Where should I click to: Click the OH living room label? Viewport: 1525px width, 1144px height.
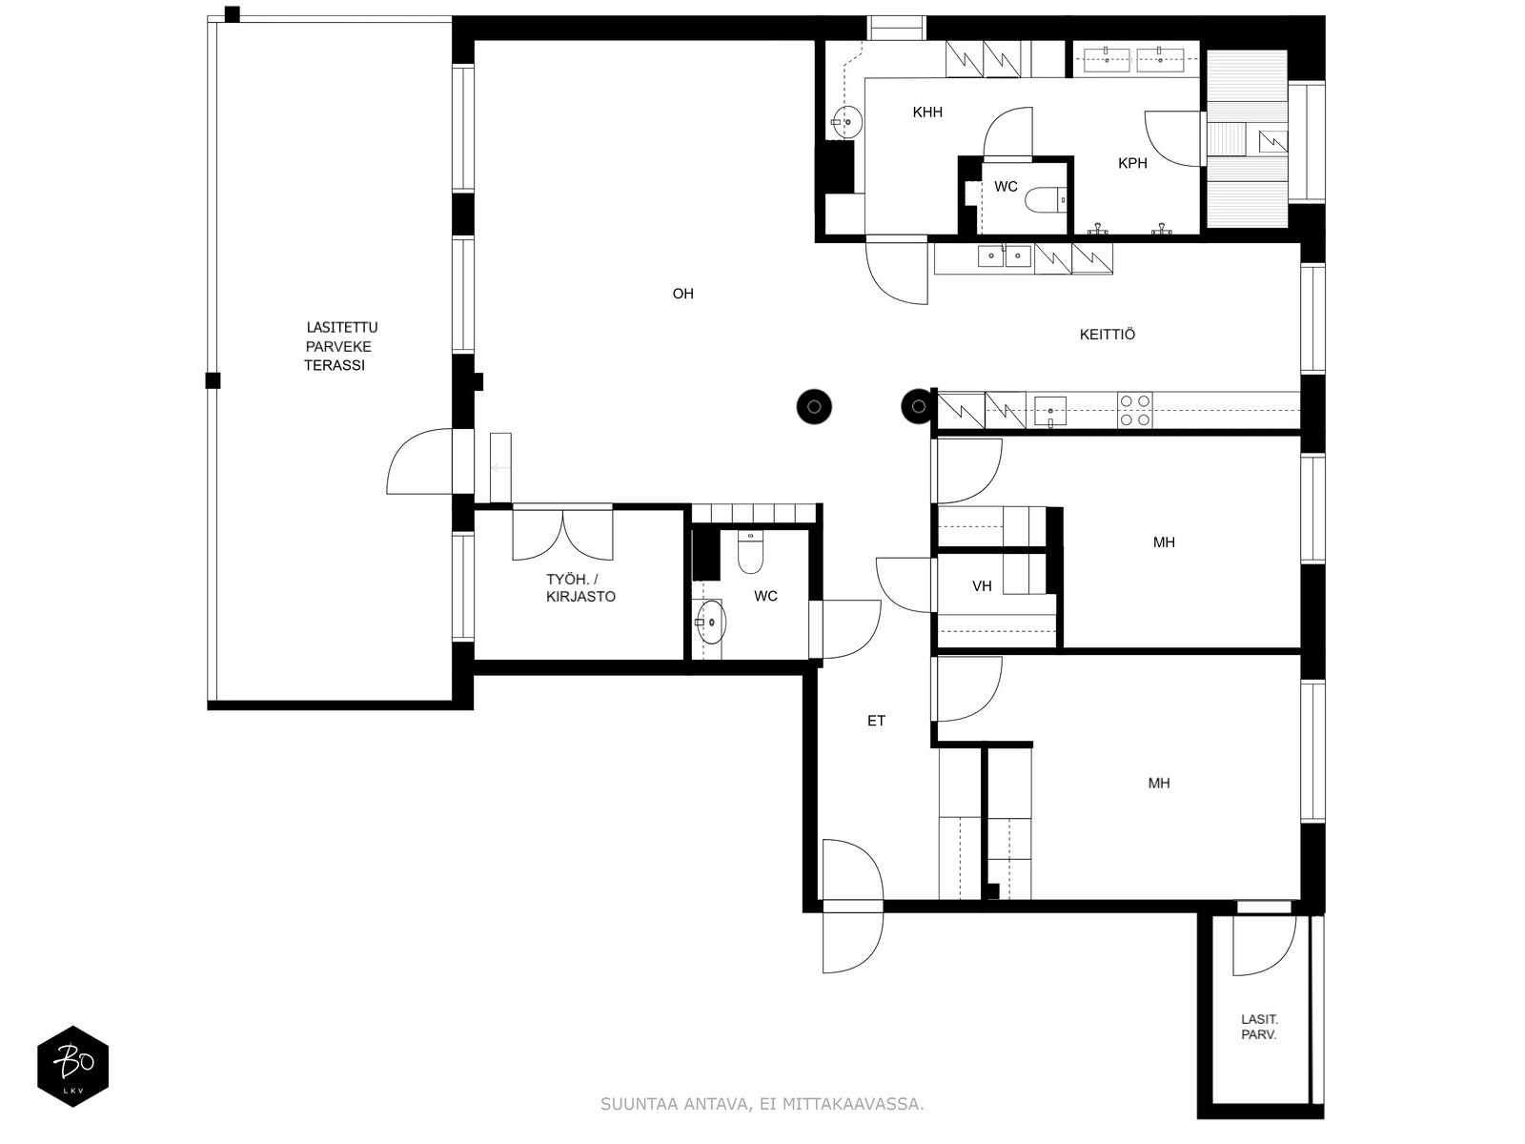(x=683, y=293)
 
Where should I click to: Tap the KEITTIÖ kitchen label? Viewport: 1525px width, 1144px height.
(x=1108, y=334)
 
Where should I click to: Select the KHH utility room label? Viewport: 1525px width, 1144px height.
(x=927, y=112)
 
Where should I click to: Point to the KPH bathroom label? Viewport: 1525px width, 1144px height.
(x=1132, y=163)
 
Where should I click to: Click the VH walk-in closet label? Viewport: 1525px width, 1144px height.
(x=982, y=586)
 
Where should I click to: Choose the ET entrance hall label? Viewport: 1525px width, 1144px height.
(x=876, y=721)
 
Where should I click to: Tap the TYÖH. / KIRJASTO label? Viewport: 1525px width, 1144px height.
(x=580, y=587)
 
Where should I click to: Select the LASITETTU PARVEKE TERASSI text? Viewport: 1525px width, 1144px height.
(x=340, y=346)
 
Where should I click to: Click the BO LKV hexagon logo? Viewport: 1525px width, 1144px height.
(x=73, y=1066)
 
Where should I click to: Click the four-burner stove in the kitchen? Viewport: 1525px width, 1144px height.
(x=1134, y=410)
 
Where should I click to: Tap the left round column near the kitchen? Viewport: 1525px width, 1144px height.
(x=814, y=406)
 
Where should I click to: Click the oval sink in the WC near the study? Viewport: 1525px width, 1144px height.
(x=711, y=623)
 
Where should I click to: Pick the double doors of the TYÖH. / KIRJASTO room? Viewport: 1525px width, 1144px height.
(x=562, y=535)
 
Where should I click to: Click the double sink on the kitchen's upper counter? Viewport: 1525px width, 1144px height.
(x=1004, y=256)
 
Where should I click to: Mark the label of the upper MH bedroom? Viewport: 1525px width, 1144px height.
(x=1164, y=542)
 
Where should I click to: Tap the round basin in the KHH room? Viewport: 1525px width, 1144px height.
(x=847, y=122)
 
